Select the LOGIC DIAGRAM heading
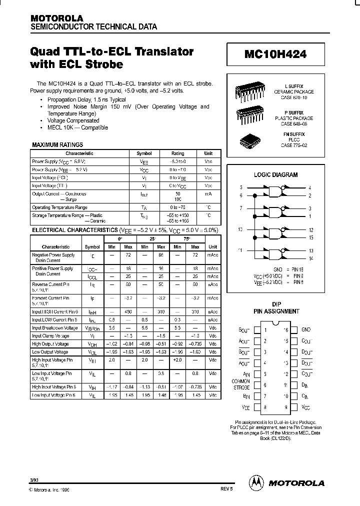[x=276, y=175]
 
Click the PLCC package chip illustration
[x=249, y=140]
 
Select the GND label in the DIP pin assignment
[x=306, y=330]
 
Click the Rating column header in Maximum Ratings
[x=177, y=153]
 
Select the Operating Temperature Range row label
[x=59, y=207]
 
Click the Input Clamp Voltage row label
[x=50, y=336]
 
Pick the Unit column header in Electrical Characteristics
[x=213, y=246]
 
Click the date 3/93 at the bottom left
[x=33, y=479]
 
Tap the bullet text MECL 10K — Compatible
[x=77, y=127]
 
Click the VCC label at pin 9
[x=306, y=407]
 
